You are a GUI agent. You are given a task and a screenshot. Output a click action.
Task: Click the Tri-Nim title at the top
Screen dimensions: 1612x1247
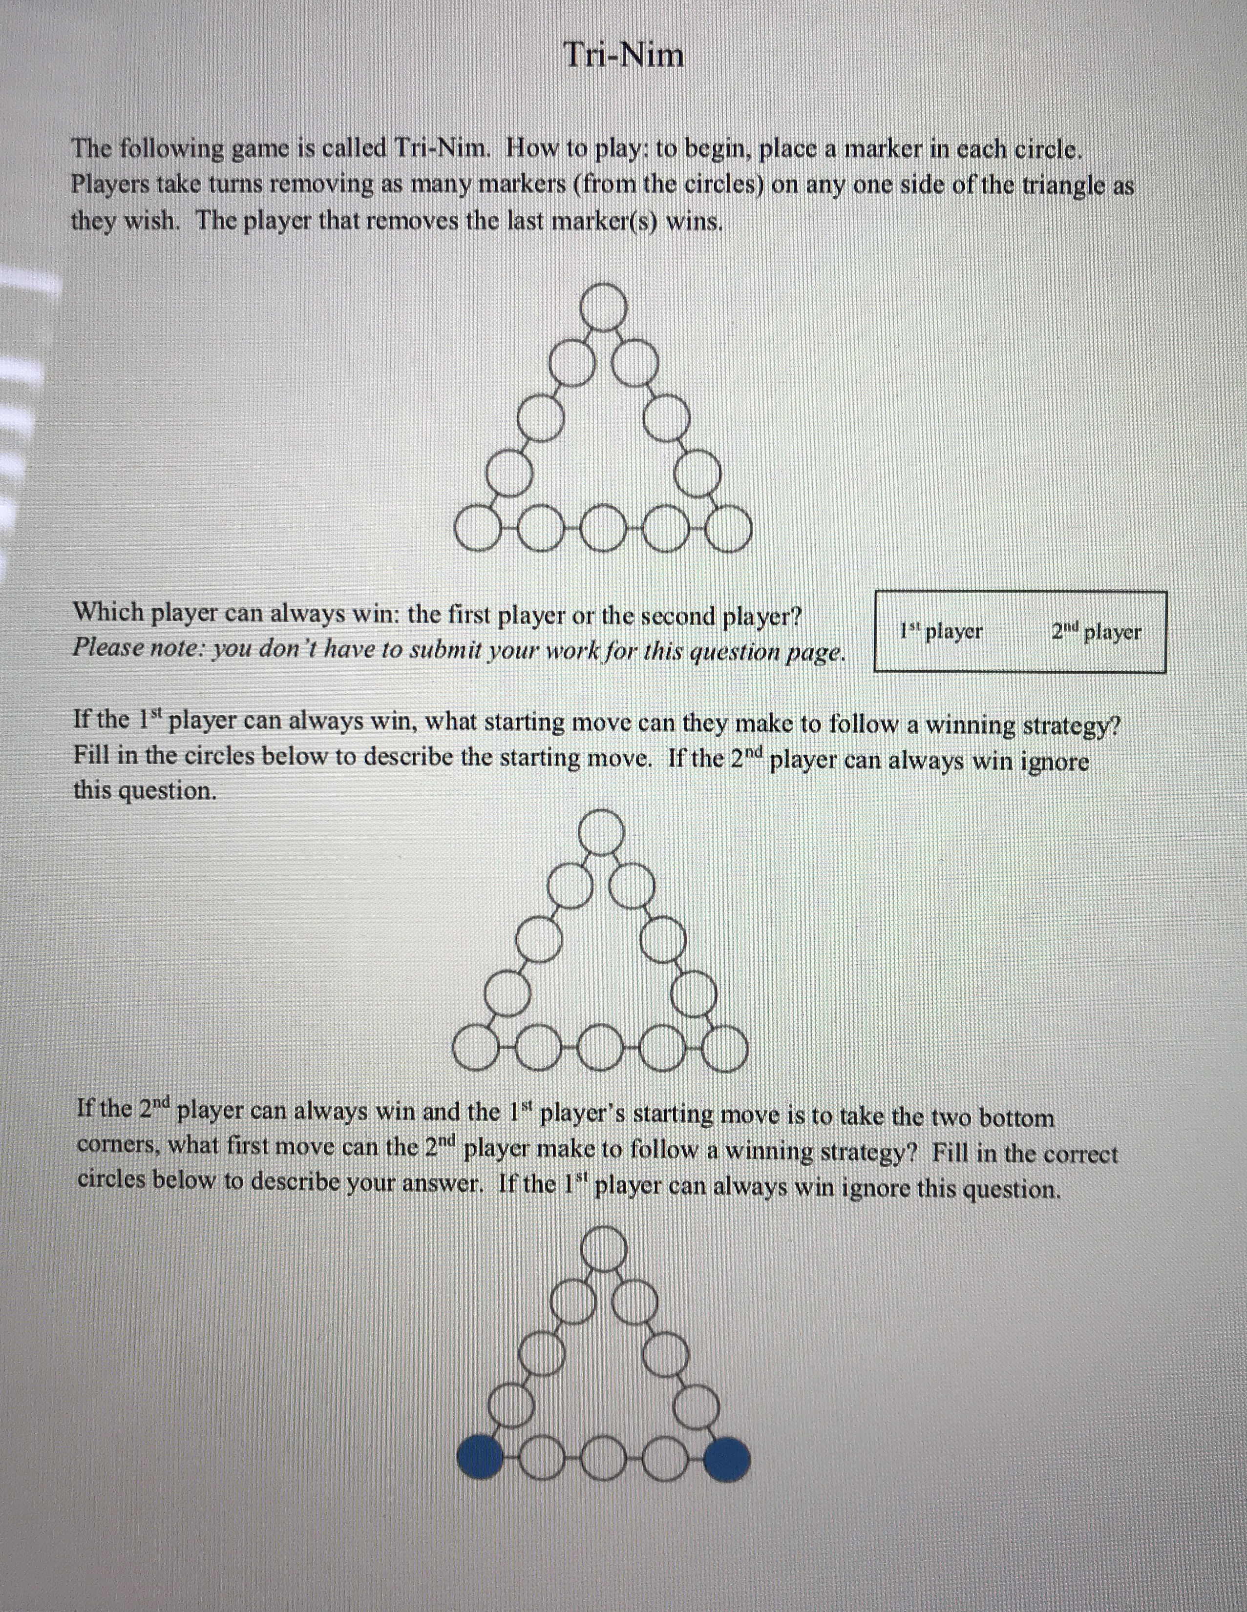pos(624,55)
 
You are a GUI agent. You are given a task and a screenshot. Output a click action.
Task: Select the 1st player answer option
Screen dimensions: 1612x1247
pos(941,632)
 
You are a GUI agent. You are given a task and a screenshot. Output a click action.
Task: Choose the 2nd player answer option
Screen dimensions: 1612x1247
pos(1097,632)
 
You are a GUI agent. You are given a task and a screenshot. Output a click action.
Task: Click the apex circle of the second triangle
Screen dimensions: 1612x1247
pos(602,832)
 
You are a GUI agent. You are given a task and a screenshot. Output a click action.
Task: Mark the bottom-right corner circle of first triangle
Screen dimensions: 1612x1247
pos(729,529)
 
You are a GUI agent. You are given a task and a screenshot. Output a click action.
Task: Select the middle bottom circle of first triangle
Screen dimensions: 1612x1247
pos(603,529)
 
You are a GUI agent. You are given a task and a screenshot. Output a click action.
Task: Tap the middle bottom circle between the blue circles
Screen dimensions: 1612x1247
pos(604,1459)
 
